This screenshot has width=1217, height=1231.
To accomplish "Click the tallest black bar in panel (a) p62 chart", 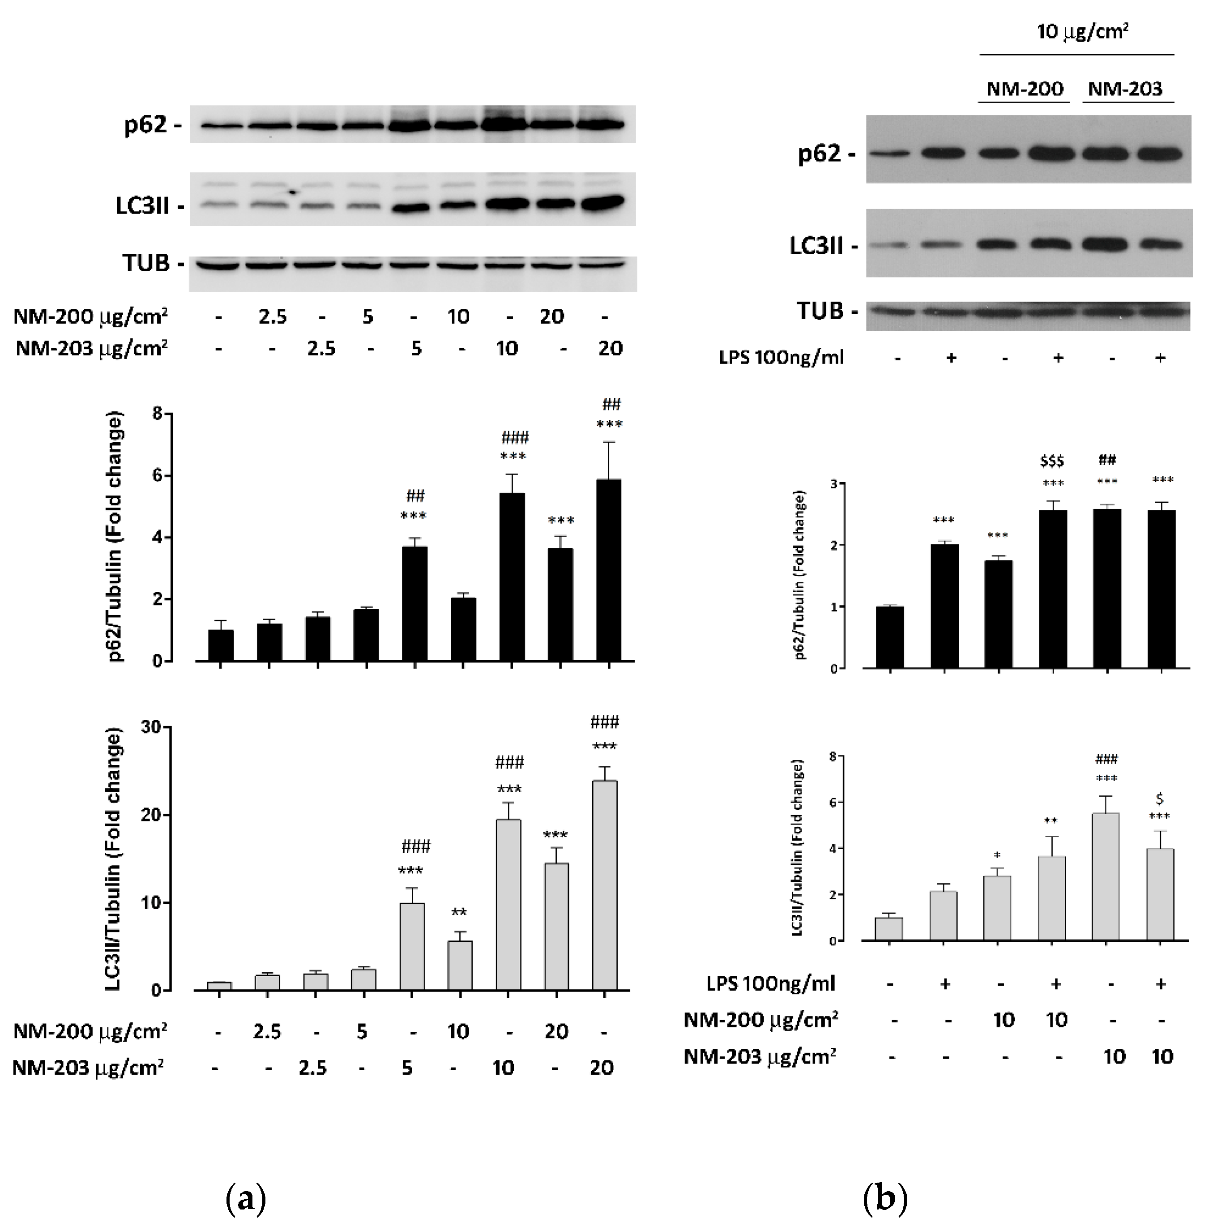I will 609,570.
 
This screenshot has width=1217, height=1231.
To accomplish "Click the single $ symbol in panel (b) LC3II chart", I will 1160,799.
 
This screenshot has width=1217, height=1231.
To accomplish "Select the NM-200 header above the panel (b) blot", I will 1025,89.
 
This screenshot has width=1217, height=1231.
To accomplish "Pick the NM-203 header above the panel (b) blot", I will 1125,89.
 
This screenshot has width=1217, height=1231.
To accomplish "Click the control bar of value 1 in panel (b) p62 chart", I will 889,637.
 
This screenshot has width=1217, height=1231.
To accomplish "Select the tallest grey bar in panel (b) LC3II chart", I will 1106,876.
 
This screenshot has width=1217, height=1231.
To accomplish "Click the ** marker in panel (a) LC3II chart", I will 459,912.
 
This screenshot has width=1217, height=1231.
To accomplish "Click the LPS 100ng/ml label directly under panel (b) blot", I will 781,358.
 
